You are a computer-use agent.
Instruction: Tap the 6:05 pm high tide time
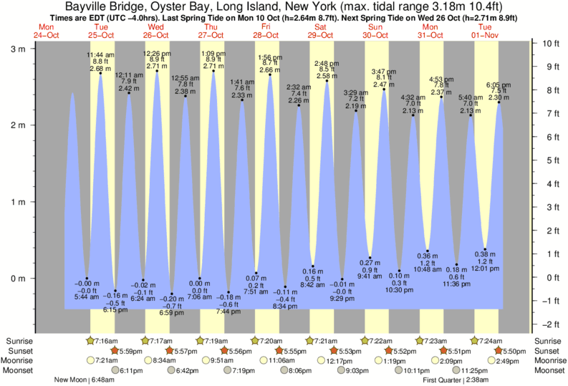click(499, 85)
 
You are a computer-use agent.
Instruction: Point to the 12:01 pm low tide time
click(485, 268)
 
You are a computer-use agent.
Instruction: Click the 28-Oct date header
click(266, 34)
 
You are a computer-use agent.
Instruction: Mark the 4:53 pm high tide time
click(441, 79)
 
